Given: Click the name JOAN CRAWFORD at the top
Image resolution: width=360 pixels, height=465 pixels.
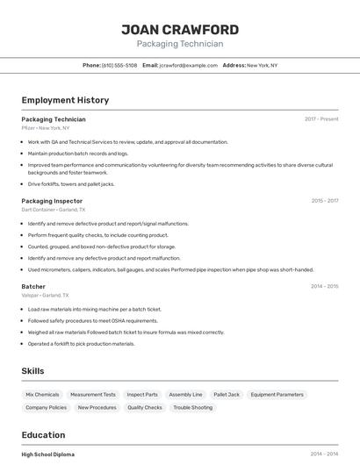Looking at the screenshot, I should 180,30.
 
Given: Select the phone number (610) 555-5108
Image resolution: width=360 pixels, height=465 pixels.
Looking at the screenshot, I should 119,66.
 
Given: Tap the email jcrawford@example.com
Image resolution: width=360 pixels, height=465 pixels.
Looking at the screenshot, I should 188,66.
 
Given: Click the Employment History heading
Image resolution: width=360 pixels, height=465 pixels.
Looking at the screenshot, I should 65,101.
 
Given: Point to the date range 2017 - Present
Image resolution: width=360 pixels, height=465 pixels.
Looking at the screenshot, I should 321,119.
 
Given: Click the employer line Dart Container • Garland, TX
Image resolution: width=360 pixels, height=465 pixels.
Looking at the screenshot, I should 54,211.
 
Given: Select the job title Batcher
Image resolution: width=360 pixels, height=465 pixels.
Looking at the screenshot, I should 33,287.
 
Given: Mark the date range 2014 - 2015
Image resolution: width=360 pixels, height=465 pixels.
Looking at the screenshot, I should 324,287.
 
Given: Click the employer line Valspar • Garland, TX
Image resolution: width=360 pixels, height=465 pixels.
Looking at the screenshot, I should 47,296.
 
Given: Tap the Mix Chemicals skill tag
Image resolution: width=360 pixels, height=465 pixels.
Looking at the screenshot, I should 42,395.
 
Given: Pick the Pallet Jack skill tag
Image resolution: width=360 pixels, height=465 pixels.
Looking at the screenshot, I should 227,395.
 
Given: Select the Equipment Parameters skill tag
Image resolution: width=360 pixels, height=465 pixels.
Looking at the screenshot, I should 277,395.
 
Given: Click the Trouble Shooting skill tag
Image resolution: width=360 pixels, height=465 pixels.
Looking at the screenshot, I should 192,408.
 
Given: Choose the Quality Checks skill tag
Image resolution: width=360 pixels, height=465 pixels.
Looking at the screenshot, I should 145,408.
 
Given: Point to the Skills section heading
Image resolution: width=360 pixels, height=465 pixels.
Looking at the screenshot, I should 33,371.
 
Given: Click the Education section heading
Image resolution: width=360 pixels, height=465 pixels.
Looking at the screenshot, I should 44,435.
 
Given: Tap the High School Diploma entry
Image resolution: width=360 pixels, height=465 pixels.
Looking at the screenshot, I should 48,454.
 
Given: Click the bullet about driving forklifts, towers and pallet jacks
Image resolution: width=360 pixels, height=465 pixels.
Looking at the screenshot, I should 71,184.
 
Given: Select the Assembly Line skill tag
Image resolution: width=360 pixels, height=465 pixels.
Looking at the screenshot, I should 185,395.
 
